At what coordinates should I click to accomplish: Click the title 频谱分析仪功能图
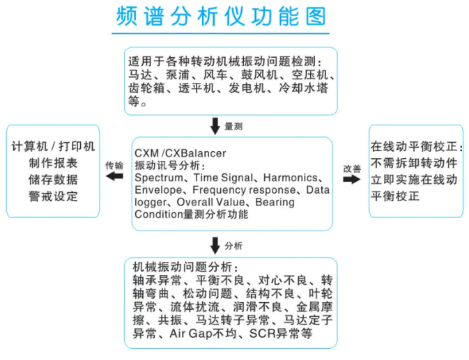(221, 16)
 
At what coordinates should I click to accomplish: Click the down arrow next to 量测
(215, 126)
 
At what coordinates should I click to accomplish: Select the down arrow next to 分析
(215, 246)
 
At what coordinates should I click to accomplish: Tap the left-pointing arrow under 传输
(114, 176)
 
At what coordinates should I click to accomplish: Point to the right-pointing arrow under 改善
(352, 179)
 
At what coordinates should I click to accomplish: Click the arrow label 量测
(233, 126)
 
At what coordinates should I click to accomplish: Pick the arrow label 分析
(233, 246)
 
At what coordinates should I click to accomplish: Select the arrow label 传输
(114, 166)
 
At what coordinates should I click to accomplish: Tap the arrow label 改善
(352, 169)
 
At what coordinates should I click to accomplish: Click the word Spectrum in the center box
(159, 178)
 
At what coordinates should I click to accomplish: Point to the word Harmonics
(290, 178)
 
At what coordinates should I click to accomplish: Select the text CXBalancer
(196, 153)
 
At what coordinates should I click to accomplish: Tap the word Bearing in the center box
(275, 202)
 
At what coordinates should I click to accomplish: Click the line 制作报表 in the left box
(53, 163)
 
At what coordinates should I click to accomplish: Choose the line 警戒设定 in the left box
(53, 196)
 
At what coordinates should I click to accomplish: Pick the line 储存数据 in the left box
(53, 180)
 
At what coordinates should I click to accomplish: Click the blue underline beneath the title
(220, 33)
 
